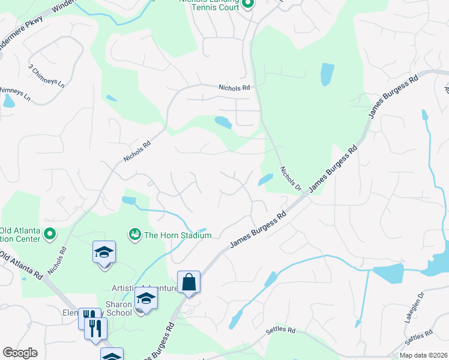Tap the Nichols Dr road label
click(x=291, y=178)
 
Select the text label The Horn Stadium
click(x=177, y=235)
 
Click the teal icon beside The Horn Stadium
click(x=134, y=234)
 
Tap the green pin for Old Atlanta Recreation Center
click(x=50, y=235)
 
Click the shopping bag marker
click(x=188, y=282)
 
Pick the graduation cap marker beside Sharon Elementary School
click(x=145, y=298)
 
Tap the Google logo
click(x=20, y=353)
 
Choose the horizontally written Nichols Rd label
click(x=234, y=88)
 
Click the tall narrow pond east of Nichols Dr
click(x=327, y=74)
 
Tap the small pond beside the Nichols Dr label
click(x=265, y=179)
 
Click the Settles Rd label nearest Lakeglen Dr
click(x=418, y=338)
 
